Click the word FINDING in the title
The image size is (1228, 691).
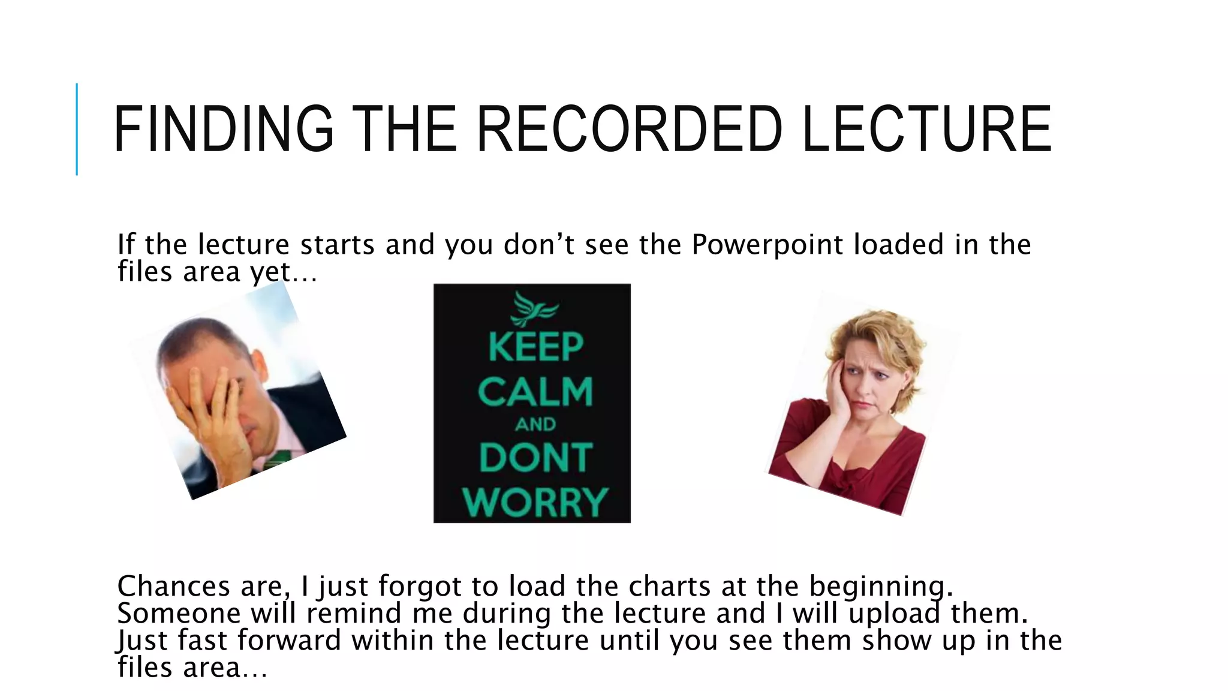[223, 129]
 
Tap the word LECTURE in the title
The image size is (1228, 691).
[926, 129]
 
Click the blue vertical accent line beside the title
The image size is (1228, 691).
[77, 129]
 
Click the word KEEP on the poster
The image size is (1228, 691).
[535, 347]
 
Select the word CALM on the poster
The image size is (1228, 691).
[535, 392]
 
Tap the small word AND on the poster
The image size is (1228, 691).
[535, 425]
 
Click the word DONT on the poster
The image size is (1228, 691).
[535, 458]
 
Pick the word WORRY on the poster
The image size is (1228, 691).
[535, 502]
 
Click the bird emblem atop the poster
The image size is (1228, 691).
[533, 308]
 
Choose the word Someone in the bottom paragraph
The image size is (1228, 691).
[179, 613]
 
